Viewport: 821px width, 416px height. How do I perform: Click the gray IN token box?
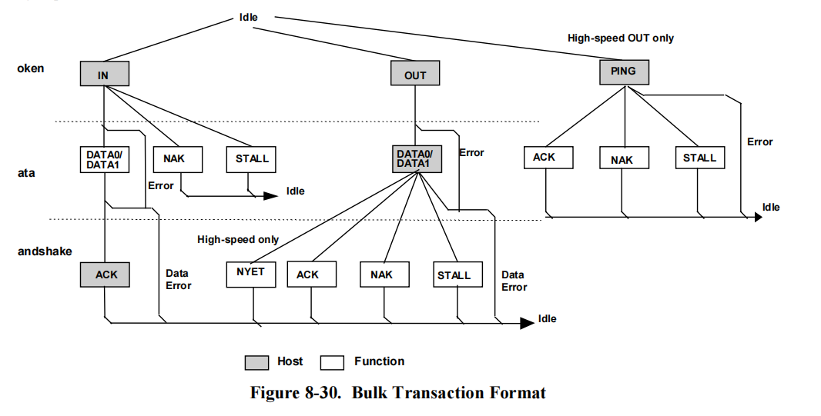coord(104,74)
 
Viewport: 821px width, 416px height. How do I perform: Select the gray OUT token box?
coord(415,75)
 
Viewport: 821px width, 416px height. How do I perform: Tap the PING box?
coord(624,72)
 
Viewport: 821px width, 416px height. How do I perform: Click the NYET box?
coord(250,274)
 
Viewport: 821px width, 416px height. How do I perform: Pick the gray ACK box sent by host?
coord(105,275)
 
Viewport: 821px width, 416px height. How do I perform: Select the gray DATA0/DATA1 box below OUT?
coord(416,159)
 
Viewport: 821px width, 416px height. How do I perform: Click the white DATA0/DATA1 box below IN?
coord(104,159)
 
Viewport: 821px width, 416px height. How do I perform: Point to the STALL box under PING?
coord(699,158)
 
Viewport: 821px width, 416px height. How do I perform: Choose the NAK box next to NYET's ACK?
coord(382,275)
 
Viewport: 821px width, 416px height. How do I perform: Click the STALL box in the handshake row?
coord(454,275)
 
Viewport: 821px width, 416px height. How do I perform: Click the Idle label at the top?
coord(249,17)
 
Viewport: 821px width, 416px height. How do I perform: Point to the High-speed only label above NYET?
coord(238,240)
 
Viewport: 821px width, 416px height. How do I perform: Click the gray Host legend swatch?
coord(256,362)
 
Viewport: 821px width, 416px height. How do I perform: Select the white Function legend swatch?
coord(333,362)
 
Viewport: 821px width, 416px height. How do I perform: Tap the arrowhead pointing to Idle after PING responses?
coord(758,218)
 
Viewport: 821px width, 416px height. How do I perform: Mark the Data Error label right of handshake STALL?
coord(514,281)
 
